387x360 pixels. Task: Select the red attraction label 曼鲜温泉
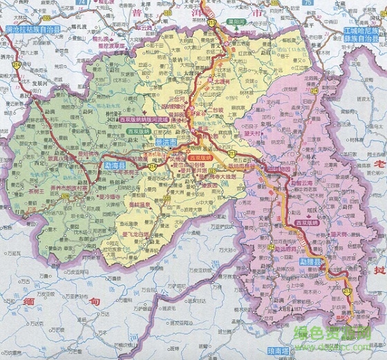(x=129, y=200)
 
